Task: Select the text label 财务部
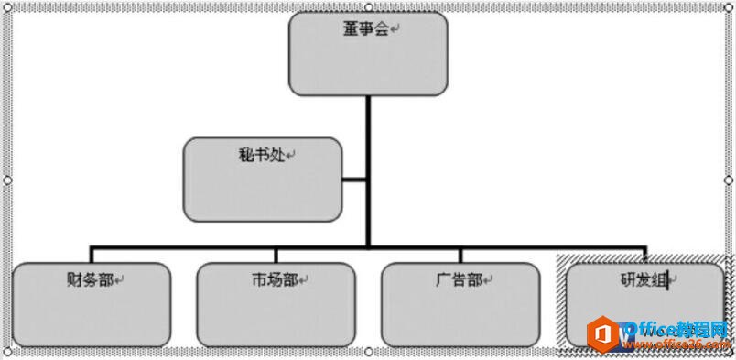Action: click(x=90, y=279)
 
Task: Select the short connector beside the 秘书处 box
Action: click(x=354, y=180)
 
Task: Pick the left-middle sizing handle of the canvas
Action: click(x=7, y=180)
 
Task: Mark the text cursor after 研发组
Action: click(x=670, y=280)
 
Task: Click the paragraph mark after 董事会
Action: click(x=395, y=30)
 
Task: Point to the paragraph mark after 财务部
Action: click(x=120, y=280)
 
